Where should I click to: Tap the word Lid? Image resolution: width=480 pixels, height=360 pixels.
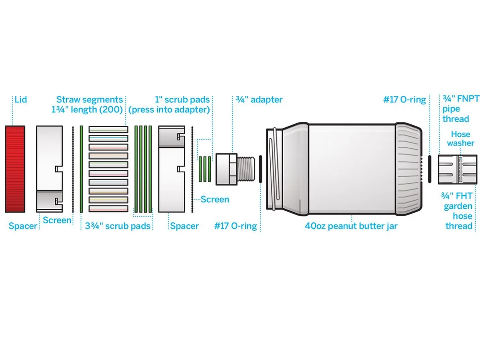click(21, 100)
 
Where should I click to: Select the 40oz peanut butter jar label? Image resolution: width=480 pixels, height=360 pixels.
click(351, 226)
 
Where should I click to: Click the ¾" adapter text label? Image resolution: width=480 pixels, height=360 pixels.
click(259, 100)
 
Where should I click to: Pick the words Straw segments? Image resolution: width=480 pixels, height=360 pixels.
click(89, 100)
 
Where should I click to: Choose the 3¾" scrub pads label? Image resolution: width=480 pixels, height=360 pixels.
click(118, 226)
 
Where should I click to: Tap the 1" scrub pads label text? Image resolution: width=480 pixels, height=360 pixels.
click(183, 100)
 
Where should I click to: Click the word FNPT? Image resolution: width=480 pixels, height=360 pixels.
click(464, 100)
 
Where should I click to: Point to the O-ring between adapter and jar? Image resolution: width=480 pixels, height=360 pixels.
click(260, 168)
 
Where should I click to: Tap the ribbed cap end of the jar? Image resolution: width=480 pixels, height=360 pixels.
click(409, 168)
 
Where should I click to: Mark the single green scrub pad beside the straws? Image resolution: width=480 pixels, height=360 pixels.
click(82, 168)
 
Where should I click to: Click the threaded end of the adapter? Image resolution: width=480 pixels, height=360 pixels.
click(247, 168)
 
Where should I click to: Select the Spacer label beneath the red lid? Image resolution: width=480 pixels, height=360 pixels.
click(23, 226)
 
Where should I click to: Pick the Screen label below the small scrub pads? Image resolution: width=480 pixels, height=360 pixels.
click(215, 199)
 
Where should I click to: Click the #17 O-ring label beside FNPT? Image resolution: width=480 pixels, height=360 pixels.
click(404, 100)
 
